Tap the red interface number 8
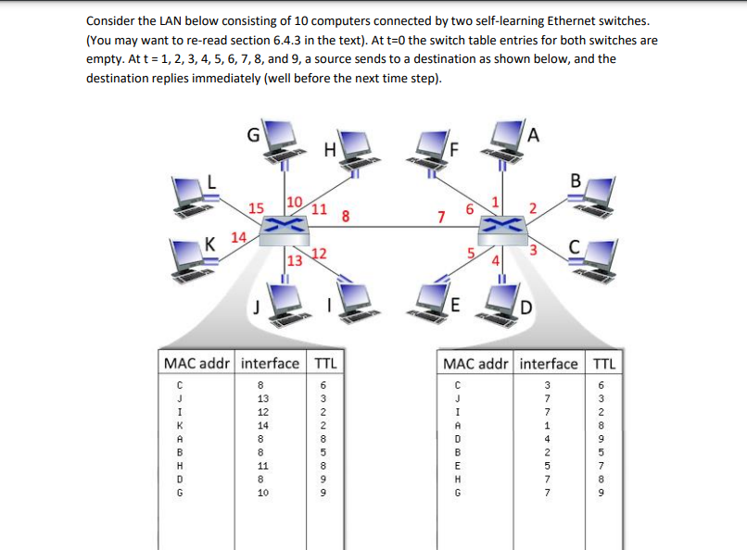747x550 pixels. click(x=345, y=219)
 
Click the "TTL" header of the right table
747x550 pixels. click(x=603, y=363)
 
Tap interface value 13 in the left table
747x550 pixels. click(x=262, y=399)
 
